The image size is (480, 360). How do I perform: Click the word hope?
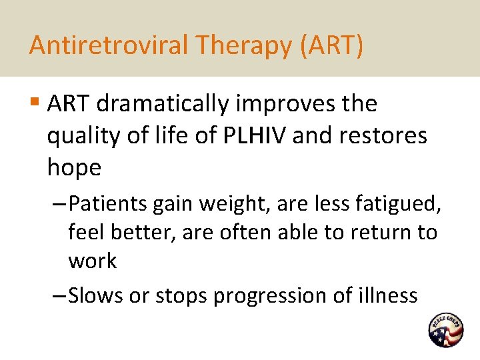click(x=74, y=168)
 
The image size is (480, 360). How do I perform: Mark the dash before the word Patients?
click(x=59, y=203)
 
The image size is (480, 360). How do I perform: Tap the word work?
click(x=92, y=261)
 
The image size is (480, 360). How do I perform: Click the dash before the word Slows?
click(x=59, y=295)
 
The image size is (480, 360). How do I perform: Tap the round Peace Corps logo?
click(x=446, y=330)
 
